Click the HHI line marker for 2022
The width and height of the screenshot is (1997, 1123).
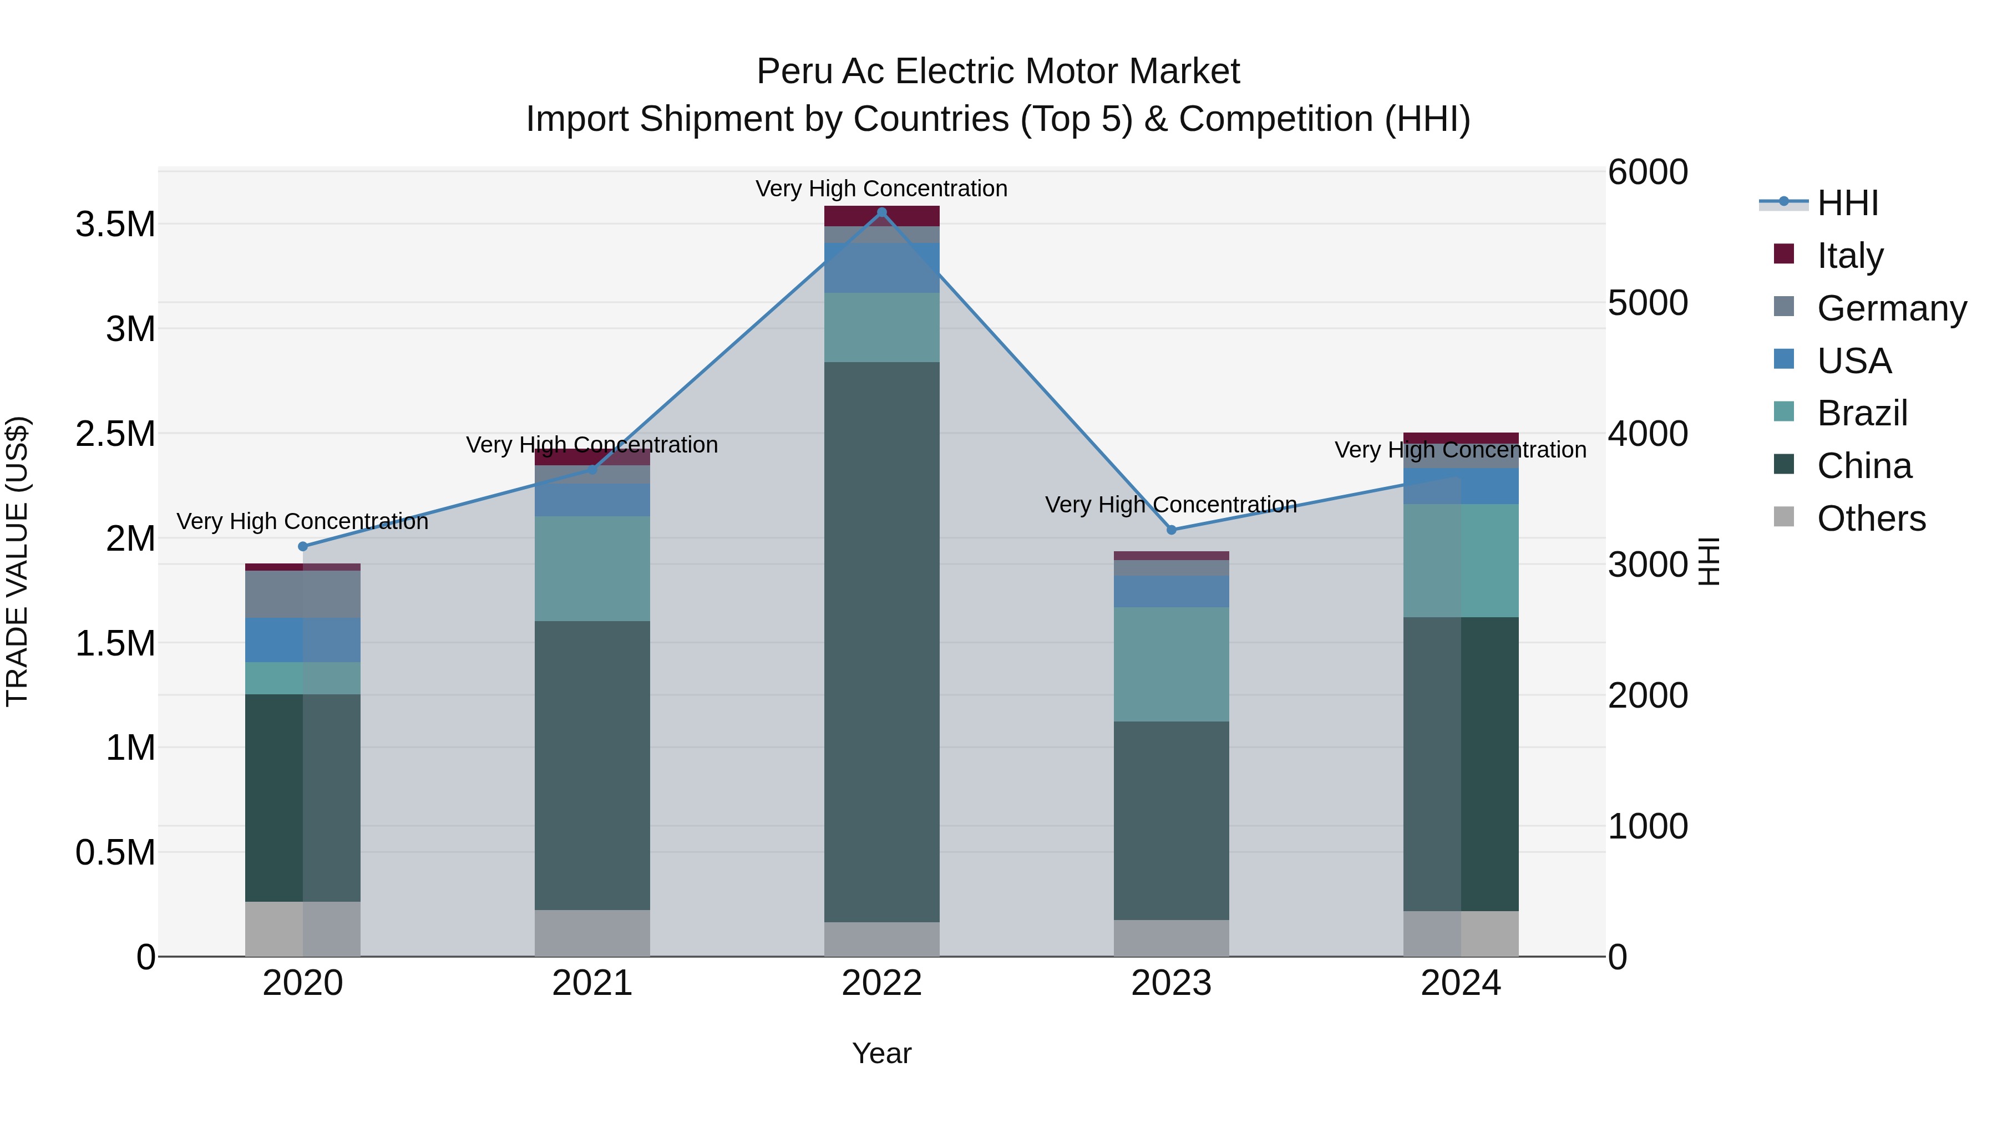click(881, 212)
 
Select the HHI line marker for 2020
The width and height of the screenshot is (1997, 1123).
click(303, 546)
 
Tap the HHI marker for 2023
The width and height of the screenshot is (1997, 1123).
click(1172, 530)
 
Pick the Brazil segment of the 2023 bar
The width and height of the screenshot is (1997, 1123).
click(1172, 664)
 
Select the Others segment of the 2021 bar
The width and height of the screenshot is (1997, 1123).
click(592, 933)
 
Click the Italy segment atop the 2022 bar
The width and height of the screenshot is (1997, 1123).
click(881, 216)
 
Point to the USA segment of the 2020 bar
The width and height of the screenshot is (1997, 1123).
click(303, 640)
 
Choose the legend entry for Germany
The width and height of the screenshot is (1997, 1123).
click(1892, 308)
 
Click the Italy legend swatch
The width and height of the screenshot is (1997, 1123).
click(1784, 254)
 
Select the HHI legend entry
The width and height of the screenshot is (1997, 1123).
click(1847, 203)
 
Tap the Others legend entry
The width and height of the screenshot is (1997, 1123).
click(1871, 519)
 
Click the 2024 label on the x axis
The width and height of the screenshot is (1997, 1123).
click(1461, 983)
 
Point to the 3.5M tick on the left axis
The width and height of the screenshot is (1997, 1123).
click(115, 225)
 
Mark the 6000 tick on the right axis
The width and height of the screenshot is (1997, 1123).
click(1648, 172)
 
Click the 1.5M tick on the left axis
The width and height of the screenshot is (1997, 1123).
click(115, 643)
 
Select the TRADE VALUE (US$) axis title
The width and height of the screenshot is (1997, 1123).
click(17, 561)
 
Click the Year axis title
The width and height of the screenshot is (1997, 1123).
click(881, 1053)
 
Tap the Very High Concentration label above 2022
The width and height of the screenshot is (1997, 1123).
click(881, 189)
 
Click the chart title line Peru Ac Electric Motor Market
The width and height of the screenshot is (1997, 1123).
click(998, 72)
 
